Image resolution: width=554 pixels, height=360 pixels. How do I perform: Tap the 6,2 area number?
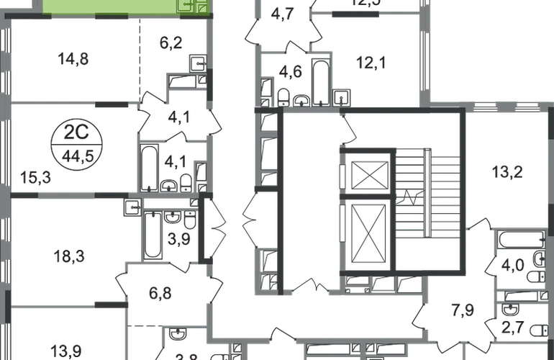pos(172,42)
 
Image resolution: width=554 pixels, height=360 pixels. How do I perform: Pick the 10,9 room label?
pos(68,351)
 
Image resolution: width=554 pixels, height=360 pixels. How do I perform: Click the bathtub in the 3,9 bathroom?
pos(155,235)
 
